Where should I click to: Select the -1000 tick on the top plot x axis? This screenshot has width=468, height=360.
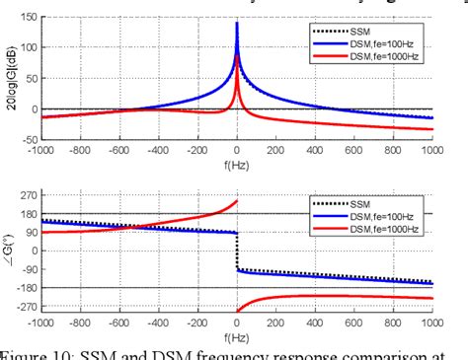click(x=41, y=153)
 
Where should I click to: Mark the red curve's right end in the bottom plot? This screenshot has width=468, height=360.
click(x=432, y=298)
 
